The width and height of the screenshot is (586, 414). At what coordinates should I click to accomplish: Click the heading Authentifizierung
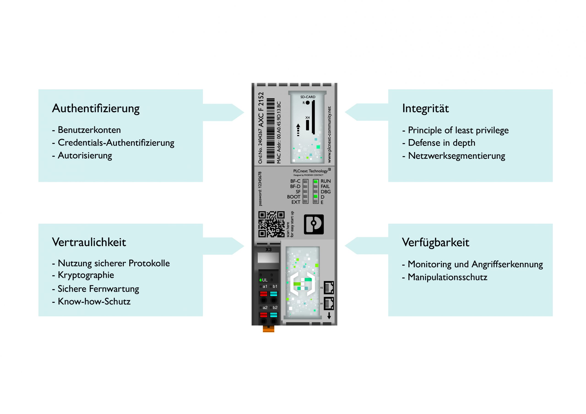[x=96, y=108]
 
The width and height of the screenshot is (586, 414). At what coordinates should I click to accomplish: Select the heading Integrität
[x=425, y=108]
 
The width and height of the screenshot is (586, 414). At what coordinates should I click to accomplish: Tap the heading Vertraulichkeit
[x=89, y=242]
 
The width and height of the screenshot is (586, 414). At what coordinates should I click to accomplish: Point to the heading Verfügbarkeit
[x=435, y=242]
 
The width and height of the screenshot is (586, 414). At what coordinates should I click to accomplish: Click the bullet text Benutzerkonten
[x=89, y=130]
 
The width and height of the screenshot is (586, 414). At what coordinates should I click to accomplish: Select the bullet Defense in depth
[x=442, y=143]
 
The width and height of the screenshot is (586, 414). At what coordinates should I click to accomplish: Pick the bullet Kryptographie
[x=86, y=275]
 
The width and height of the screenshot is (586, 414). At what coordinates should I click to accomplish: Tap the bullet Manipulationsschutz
[x=448, y=277]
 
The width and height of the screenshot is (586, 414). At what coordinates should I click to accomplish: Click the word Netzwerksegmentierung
[x=456, y=156]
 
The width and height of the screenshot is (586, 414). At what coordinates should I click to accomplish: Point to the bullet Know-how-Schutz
[x=94, y=301]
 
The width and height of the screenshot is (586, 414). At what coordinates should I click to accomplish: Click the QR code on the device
[x=271, y=224]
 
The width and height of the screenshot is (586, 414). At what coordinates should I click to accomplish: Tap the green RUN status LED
[x=316, y=181]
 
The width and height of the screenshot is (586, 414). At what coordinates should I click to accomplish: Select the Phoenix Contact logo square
[x=314, y=224]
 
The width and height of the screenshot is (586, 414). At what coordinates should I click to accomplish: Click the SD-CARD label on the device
[x=308, y=97]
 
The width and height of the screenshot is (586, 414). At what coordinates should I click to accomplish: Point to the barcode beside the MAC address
[x=271, y=131]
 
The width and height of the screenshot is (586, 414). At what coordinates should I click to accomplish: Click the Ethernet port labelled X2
[x=329, y=288]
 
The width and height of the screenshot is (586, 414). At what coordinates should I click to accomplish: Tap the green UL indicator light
[x=260, y=280]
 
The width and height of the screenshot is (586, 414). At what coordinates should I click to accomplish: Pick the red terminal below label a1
[x=263, y=294]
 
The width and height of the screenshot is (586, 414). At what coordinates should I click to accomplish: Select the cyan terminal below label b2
[x=274, y=315]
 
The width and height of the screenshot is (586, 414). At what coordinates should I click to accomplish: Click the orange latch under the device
[x=269, y=329]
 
